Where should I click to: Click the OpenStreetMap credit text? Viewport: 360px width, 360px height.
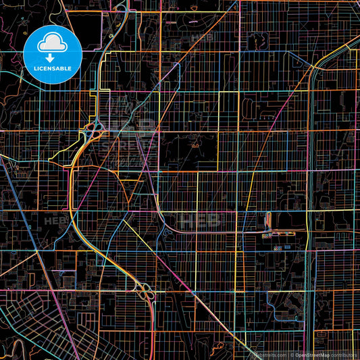point(312,355)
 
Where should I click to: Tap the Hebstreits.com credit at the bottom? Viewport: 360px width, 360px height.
point(269,355)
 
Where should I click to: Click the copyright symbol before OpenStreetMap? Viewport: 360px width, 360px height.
point(292,355)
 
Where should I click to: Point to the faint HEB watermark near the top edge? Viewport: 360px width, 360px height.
point(201,37)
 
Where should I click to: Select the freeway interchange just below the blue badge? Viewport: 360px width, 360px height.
point(93,127)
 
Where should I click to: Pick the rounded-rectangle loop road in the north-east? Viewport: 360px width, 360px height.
point(251,106)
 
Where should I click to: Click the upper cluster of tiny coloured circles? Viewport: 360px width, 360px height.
point(267,234)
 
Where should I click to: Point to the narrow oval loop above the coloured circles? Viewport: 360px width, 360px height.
point(269,220)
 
